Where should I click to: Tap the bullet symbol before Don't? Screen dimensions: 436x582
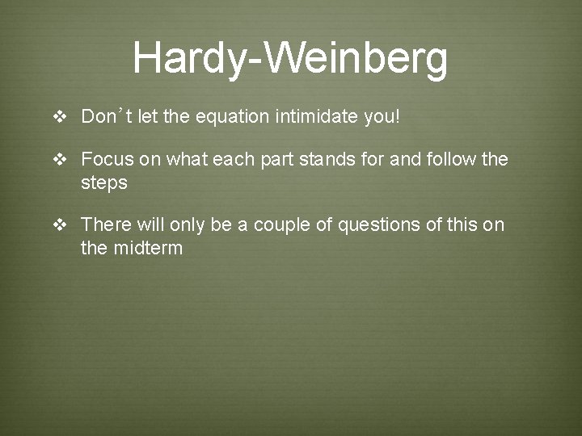pos(59,118)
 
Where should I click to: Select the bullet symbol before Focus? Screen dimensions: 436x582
pos(59,160)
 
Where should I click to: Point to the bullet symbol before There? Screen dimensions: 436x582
pos(59,224)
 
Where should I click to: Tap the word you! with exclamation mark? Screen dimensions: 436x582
pos(382,118)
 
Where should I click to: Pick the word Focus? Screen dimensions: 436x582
pos(108,159)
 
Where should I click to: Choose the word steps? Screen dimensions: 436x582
pos(104,183)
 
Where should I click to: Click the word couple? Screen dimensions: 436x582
pos(282,224)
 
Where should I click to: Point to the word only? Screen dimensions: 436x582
pos(187,224)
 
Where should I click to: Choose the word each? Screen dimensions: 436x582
pos(233,159)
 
